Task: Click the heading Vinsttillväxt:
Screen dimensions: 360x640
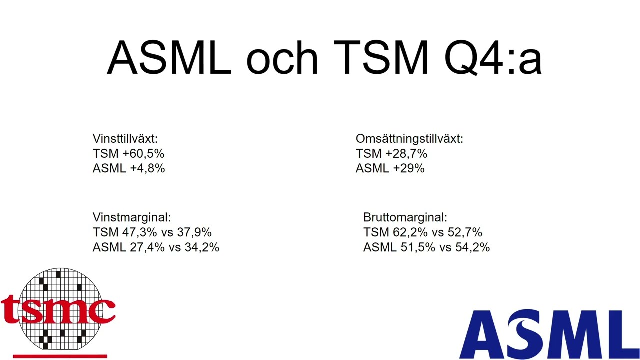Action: (125, 139)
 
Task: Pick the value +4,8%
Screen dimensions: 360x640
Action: (147, 169)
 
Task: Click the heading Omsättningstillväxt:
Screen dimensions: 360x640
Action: (409, 139)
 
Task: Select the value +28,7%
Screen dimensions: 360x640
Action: (406, 154)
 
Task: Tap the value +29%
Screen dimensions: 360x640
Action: (409, 169)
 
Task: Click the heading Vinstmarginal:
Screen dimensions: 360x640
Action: (132, 218)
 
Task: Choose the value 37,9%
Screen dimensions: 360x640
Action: (194, 233)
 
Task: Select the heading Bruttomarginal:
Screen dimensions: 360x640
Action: (405, 218)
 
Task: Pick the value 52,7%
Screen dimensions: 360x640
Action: (465, 233)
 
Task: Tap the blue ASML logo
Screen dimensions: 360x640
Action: (549, 334)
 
